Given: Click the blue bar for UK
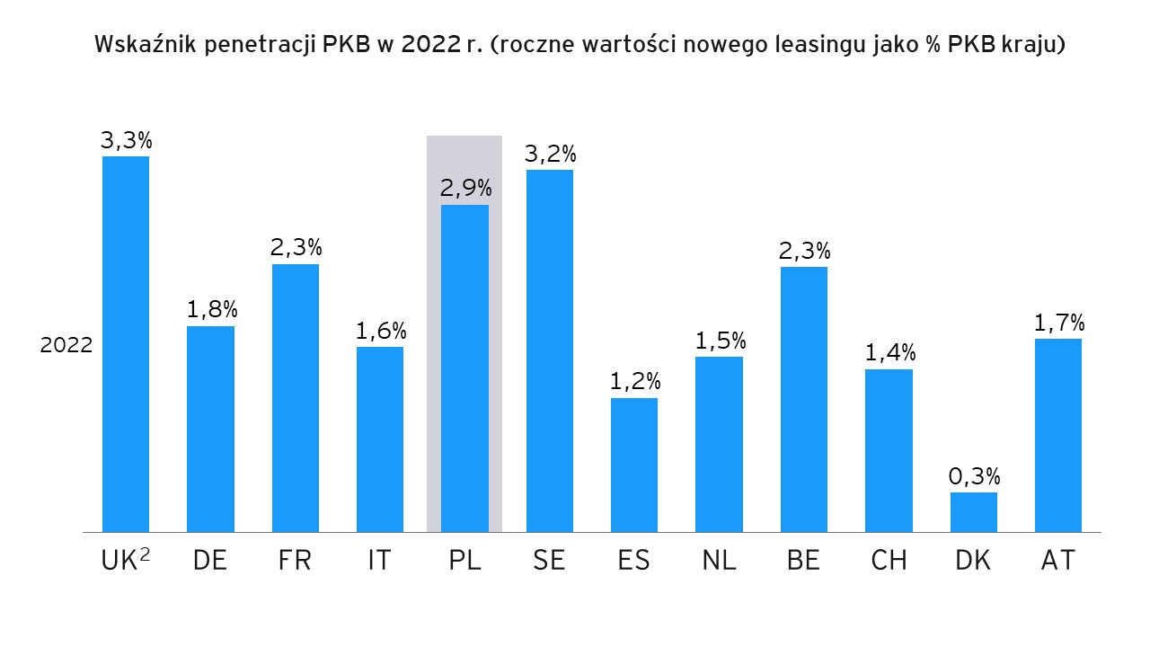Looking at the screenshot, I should pos(126,344).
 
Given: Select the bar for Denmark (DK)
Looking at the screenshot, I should pos(973,512).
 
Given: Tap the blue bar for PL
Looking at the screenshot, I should pos(464,368).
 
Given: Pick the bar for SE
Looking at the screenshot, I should pos(549,350).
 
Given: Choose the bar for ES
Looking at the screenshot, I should pos(634,465).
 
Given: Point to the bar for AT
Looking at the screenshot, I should pos(1057,435).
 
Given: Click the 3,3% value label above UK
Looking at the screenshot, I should pos(126,140).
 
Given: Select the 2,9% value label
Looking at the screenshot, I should pos(465,189).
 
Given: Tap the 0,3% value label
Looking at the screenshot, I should pos(974,476).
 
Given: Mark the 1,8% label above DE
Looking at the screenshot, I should pos(211,310).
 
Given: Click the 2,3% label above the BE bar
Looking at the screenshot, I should pos(804,251).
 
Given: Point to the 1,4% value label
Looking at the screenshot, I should pos(889,353).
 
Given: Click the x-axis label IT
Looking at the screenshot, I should pos(379,561).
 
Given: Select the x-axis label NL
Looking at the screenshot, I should pos(719,561).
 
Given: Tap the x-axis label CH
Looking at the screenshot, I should pos(889,561).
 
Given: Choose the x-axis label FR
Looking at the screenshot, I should pos(295,561).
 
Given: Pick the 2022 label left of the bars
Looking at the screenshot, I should pos(66,345).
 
